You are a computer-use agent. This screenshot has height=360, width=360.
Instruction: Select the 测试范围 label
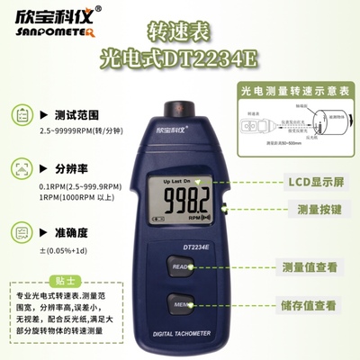click(76, 116)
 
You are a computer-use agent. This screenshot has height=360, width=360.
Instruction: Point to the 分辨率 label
click(70, 168)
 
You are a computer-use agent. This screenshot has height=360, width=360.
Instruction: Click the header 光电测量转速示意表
click(292, 91)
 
